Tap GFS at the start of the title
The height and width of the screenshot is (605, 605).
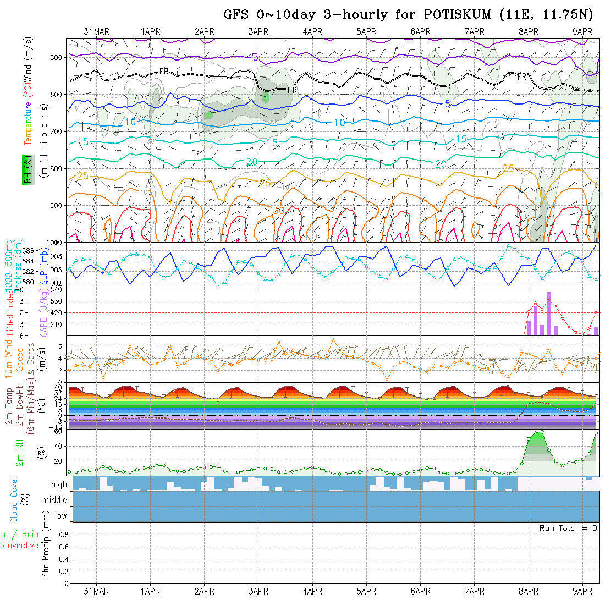[237, 15]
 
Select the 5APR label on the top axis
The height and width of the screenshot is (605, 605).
[366, 32]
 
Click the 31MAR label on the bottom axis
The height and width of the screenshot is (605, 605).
[96, 592]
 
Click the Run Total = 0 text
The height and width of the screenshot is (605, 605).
[568, 528]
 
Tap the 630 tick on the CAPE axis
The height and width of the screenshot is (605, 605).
[59, 301]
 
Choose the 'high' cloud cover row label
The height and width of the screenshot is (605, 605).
[59, 485]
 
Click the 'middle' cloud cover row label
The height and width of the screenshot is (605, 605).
[55, 501]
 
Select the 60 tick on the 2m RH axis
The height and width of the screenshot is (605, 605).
[62, 431]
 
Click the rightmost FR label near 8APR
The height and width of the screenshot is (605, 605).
[522, 76]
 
